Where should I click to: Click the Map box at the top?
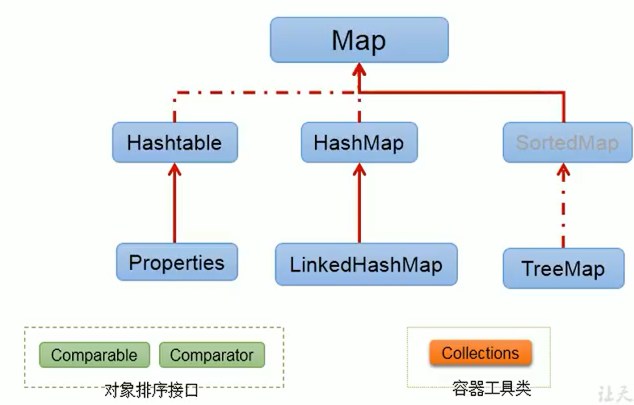pyautogui.click(x=358, y=40)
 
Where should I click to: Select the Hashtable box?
pyautogui.click(x=174, y=143)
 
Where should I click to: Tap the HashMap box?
pyautogui.click(x=359, y=143)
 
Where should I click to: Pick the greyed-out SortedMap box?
pyautogui.click(x=566, y=143)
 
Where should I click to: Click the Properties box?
pyautogui.click(x=176, y=263)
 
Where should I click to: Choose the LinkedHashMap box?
pyautogui.click(x=366, y=264)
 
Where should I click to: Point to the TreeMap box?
pyautogui.click(x=563, y=268)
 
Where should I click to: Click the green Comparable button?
pyautogui.click(x=94, y=354)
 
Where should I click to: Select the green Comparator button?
pyautogui.click(x=212, y=354)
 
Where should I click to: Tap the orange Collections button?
pyautogui.click(x=480, y=353)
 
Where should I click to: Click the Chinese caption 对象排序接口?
pyautogui.click(x=151, y=390)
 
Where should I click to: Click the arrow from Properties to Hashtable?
pyautogui.click(x=174, y=206)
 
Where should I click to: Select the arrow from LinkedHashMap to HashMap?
pyautogui.click(x=359, y=206)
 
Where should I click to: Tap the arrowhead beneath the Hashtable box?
pyautogui.click(x=174, y=171)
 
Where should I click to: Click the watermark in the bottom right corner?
pyautogui.click(x=613, y=392)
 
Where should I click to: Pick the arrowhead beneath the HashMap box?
pyautogui.click(x=359, y=171)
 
